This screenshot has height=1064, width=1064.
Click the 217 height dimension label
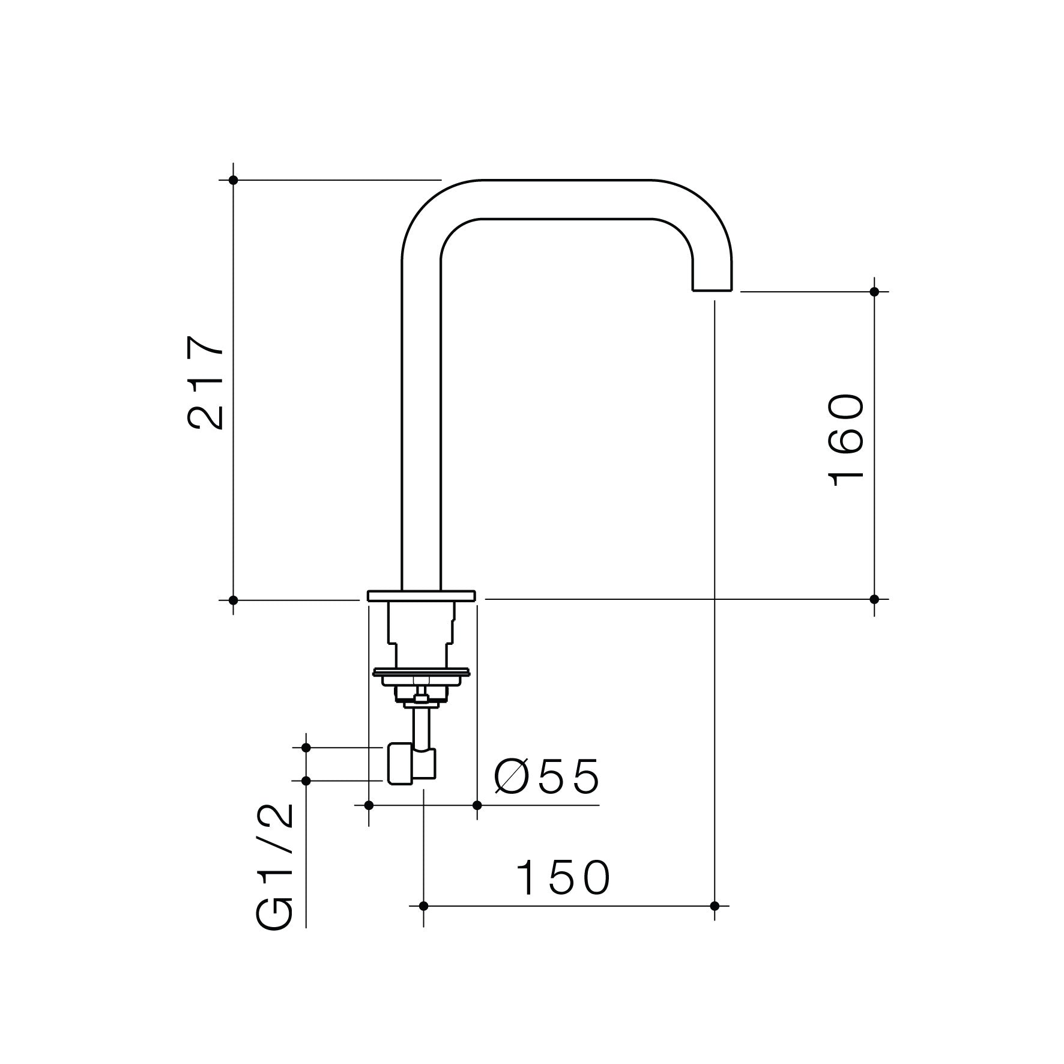click(206, 382)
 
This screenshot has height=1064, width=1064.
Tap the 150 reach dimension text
click(563, 878)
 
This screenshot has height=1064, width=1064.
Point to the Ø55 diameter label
click(547, 776)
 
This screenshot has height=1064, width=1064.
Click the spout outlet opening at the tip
click(712, 290)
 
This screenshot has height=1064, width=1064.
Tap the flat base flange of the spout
click(421, 595)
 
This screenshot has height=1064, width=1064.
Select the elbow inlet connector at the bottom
click(411, 764)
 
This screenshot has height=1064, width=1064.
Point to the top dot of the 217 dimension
click(234, 180)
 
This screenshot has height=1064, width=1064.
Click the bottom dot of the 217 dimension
click(234, 599)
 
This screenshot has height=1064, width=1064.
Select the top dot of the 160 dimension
click(874, 292)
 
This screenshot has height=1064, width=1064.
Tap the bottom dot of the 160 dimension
click(874, 599)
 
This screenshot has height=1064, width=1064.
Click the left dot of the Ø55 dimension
click(369, 805)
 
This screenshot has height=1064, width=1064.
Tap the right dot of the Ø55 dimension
click(477, 805)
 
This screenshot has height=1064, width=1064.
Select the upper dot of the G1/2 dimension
click(306, 748)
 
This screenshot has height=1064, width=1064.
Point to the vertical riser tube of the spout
click(421, 420)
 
